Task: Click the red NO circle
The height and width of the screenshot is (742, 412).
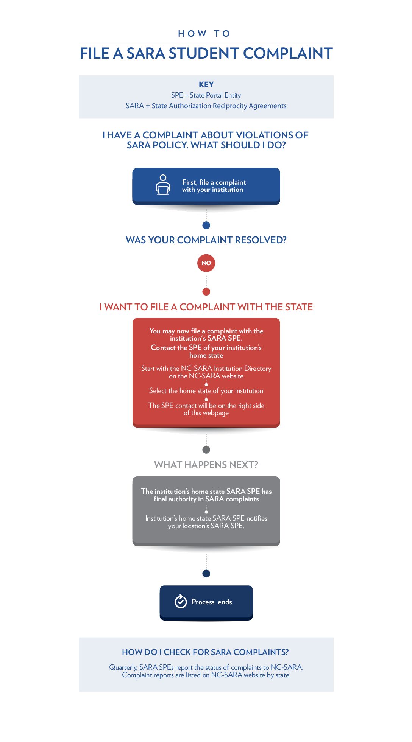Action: tap(206, 263)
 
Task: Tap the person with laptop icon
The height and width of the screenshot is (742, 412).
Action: tap(163, 185)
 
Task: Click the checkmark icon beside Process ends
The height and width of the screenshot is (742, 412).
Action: tap(181, 601)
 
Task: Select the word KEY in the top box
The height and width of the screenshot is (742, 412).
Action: tap(206, 84)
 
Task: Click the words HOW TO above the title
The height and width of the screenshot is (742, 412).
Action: tap(204, 34)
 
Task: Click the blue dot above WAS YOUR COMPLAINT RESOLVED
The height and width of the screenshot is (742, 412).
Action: tap(206, 225)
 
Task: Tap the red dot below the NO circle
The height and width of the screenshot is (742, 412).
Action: tap(206, 292)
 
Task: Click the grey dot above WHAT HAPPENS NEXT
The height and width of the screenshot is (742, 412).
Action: tap(206, 450)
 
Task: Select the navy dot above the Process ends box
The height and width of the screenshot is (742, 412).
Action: tap(206, 574)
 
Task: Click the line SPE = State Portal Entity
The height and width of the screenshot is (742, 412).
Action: tap(206, 95)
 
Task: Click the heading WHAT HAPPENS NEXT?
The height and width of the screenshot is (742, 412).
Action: tap(206, 465)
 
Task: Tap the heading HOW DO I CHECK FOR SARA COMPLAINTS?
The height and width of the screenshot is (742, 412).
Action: tap(205, 652)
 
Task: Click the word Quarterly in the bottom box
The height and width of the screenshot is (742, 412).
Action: tap(123, 667)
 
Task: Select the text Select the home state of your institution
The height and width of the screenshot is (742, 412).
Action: tap(206, 391)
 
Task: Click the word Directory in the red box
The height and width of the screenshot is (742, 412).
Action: tap(257, 369)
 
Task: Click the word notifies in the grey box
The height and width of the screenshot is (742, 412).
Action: tap(257, 518)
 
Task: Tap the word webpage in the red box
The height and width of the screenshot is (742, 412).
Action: tap(216, 413)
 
